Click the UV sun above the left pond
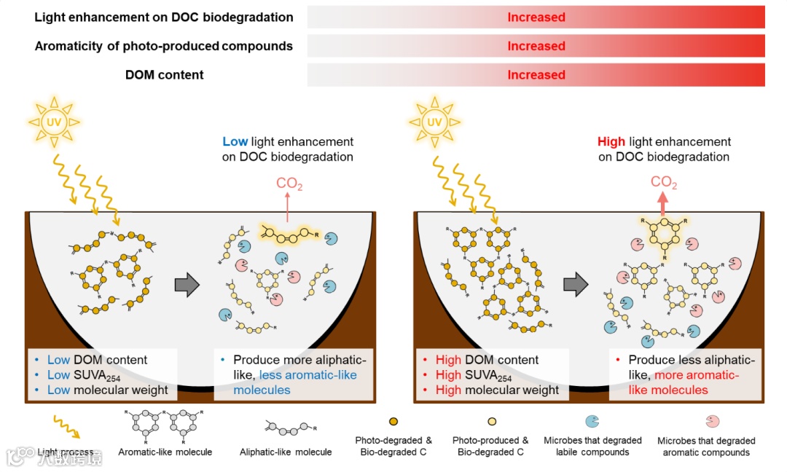click(x=55, y=122)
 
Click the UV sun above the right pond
click(x=435, y=122)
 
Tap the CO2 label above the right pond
click(x=664, y=183)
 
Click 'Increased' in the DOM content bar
click(x=536, y=74)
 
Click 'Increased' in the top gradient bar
click(x=536, y=17)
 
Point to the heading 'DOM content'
click(x=165, y=74)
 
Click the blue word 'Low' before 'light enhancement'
click(x=235, y=142)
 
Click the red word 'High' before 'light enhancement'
click(x=611, y=142)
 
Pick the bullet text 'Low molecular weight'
click(x=107, y=390)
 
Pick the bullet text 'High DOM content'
click(x=487, y=360)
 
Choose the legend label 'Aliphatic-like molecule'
click(x=286, y=452)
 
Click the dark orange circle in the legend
click(x=393, y=422)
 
